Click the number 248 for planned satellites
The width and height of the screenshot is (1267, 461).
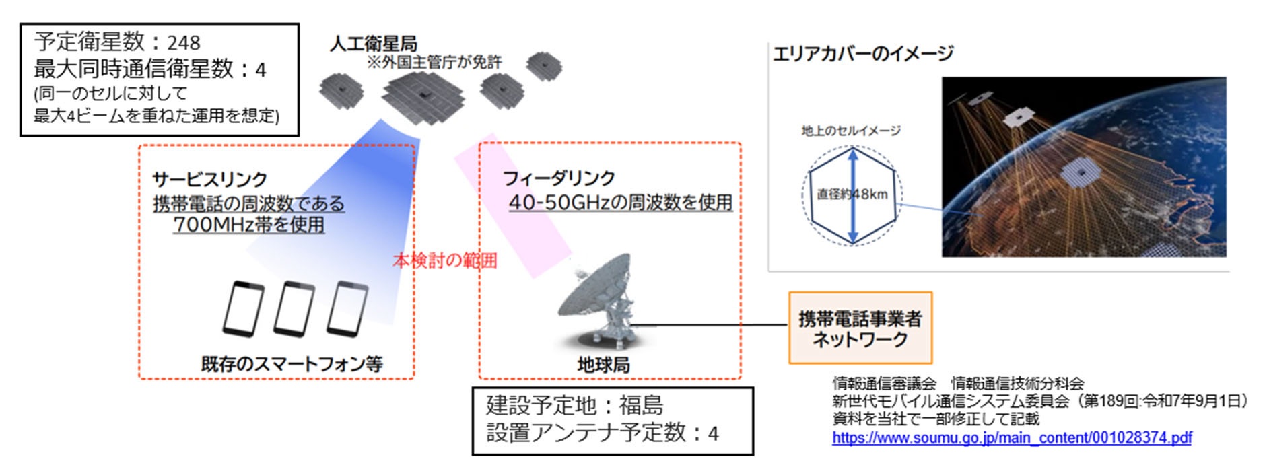(184, 43)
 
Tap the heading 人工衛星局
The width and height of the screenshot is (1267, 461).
(373, 44)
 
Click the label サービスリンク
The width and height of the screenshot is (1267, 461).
(209, 179)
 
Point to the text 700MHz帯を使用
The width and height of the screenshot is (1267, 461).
(248, 224)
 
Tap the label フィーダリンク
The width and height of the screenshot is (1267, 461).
(559, 178)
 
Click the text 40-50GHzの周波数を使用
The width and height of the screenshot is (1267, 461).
(620, 202)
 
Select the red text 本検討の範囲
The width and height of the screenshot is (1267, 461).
(444, 260)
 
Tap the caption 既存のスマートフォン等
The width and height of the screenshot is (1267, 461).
(292, 364)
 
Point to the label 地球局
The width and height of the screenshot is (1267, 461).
(603, 365)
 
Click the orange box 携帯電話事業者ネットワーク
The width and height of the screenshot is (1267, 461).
(860, 328)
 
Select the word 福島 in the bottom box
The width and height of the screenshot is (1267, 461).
(641, 405)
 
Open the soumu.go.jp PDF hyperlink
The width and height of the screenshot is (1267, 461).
(1011, 438)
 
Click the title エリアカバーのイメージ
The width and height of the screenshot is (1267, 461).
(863, 54)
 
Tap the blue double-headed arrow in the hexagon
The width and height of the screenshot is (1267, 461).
(852, 195)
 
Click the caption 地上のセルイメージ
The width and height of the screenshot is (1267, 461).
(850, 131)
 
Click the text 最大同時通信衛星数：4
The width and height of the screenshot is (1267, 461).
(149, 69)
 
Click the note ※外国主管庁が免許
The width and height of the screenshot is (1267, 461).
(434, 63)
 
